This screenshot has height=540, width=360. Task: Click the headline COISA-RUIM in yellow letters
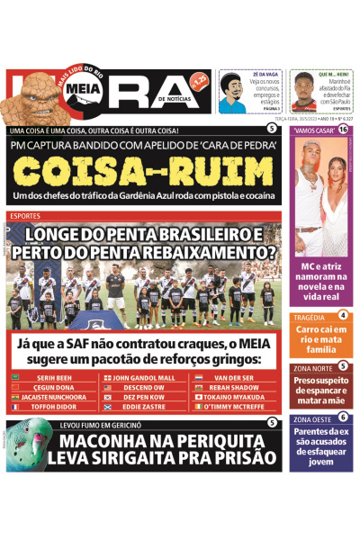[139, 171]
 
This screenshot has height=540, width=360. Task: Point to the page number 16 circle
[343, 130]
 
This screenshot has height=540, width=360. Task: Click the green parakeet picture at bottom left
[22, 445]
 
